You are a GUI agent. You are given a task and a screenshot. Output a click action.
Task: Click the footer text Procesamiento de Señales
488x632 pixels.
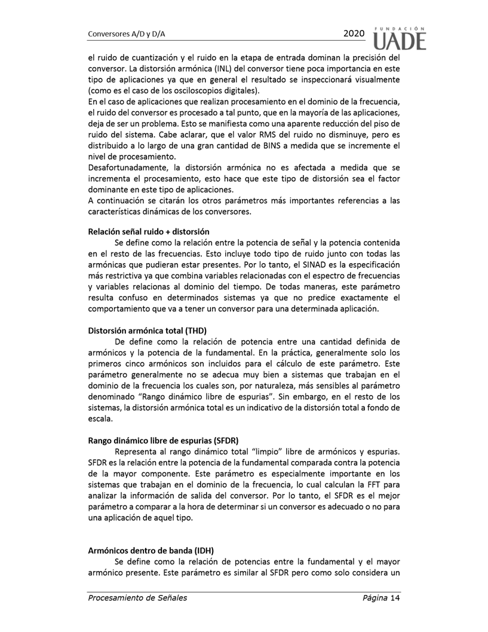(137, 597)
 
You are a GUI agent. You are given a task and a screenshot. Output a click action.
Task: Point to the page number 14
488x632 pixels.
(394, 597)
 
